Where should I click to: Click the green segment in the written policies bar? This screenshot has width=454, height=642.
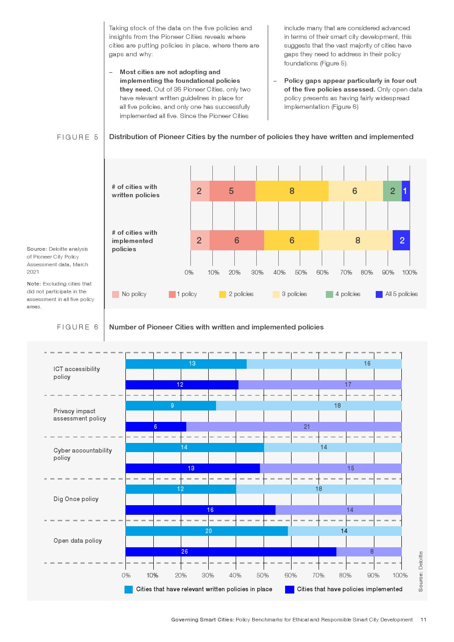point(392,191)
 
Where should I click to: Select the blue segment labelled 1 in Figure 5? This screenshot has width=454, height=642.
point(405,191)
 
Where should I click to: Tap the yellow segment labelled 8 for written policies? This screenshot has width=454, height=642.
point(292,191)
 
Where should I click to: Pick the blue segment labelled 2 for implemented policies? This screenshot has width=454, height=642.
point(401,240)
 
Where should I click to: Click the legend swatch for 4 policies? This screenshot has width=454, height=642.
point(330,294)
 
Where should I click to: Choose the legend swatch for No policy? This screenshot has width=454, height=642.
point(115,294)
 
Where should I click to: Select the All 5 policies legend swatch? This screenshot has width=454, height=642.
point(379,294)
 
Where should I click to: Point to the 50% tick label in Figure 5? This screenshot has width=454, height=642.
point(301,272)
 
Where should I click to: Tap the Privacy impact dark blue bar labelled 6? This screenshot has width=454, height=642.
point(156,426)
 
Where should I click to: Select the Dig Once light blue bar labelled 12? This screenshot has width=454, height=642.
point(181,489)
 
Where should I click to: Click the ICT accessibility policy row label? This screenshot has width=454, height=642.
point(76,373)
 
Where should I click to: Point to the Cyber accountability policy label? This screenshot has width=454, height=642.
point(82,454)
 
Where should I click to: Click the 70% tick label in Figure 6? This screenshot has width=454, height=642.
point(318,575)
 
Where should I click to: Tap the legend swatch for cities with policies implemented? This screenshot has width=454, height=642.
point(289,589)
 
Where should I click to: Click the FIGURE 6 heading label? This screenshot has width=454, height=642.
point(77,327)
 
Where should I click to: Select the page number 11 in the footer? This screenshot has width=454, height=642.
point(423,620)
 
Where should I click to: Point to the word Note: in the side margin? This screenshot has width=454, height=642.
point(34,284)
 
